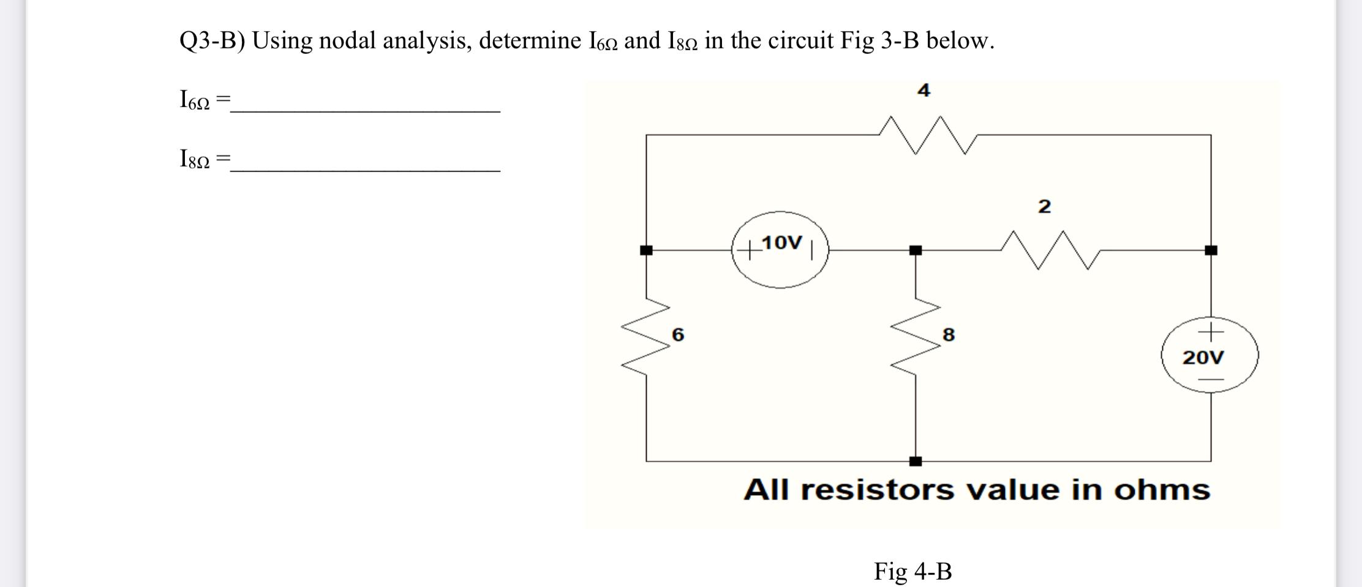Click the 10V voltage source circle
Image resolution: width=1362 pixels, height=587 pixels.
coord(780,250)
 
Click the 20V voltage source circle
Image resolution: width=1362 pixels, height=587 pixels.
coord(1210,356)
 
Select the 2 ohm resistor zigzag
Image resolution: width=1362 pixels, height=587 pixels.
coord(1051,250)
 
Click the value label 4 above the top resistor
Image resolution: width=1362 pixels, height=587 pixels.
coord(924,91)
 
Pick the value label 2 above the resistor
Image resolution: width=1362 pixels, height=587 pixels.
coord(1044,206)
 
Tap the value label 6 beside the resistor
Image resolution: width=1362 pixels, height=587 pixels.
coord(678,334)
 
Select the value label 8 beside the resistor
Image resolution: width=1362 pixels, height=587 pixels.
coord(948,335)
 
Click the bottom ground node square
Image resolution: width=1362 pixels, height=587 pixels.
coord(916,461)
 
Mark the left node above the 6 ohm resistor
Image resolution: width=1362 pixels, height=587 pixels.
coord(646,250)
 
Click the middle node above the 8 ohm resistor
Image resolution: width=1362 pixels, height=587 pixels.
coord(916,250)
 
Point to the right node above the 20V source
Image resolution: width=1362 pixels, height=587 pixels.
coord(1211,250)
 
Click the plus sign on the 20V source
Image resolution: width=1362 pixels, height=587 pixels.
coord(1210,331)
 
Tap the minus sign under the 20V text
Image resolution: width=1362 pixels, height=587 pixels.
coord(1210,379)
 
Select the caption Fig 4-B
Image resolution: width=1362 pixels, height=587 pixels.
coord(912,571)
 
